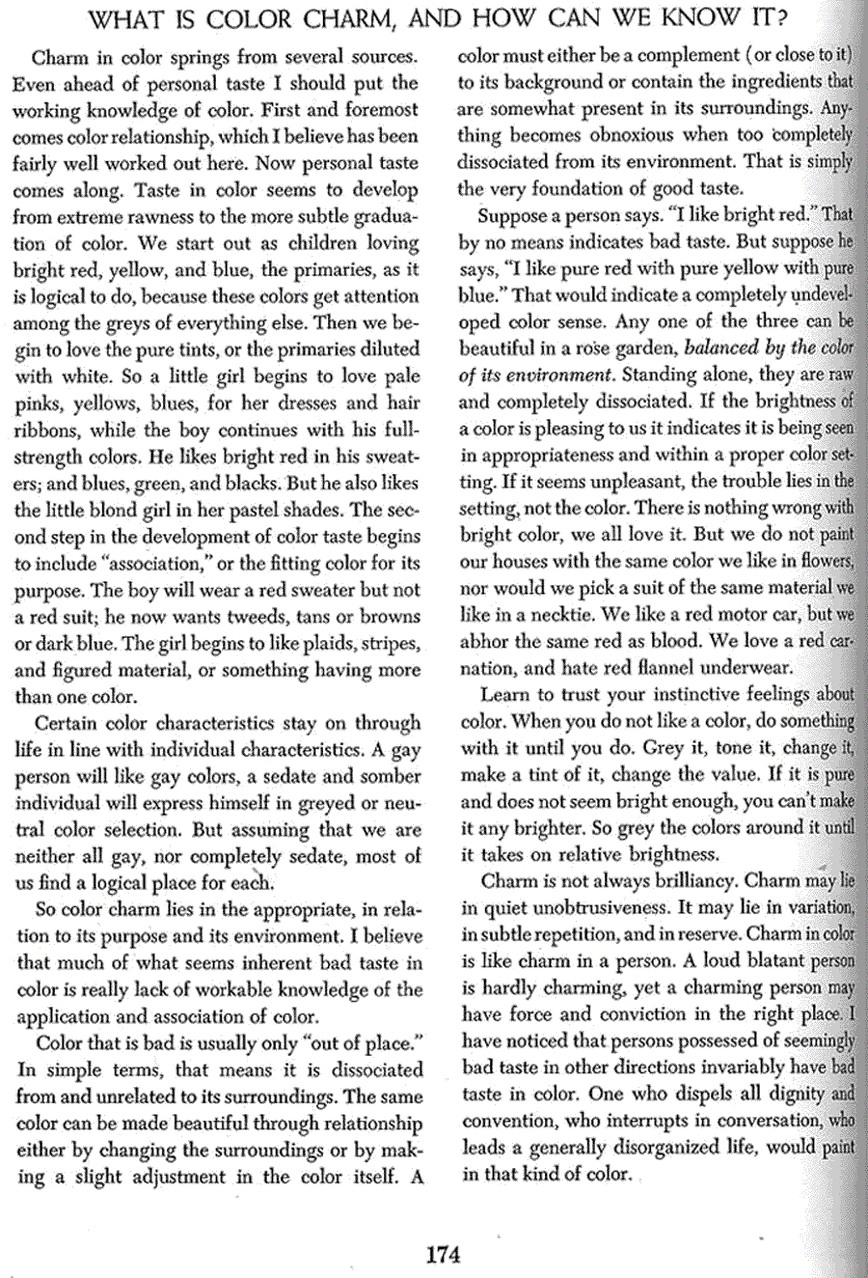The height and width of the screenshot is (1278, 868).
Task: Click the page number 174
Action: pos(443,1255)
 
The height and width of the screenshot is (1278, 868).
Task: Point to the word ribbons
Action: pos(46,430)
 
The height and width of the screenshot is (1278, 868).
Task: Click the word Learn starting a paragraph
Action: pos(505,694)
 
